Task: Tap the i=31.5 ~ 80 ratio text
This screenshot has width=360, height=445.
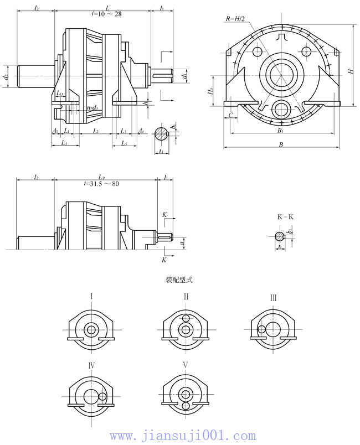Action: click(x=101, y=184)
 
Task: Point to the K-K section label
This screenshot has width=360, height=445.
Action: click(x=285, y=217)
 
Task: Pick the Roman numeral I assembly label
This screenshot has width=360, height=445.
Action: click(x=91, y=296)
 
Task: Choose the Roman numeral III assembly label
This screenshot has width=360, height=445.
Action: click(x=273, y=298)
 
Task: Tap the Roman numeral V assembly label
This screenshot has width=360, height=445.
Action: click(x=186, y=365)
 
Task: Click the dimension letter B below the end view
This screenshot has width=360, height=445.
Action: click(x=281, y=145)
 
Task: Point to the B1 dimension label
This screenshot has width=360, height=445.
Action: click(x=281, y=131)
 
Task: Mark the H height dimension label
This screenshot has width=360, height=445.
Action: click(x=350, y=71)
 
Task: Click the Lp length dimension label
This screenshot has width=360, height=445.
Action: click(x=102, y=177)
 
